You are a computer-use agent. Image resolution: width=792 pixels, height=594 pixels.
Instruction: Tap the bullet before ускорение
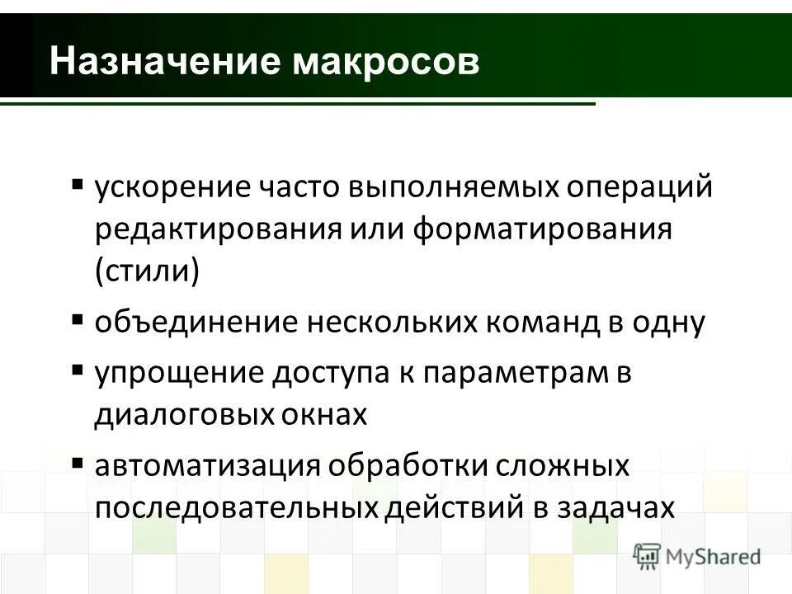tap(77, 182)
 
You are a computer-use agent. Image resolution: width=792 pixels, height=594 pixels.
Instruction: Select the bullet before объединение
tap(77, 318)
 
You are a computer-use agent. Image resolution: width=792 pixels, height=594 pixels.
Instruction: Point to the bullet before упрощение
tap(77, 369)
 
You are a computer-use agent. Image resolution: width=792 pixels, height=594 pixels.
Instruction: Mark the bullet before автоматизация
tap(77, 461)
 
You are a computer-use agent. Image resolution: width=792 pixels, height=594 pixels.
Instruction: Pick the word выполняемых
tap(453, 187)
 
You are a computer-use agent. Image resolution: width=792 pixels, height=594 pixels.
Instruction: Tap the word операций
tap(639, 187)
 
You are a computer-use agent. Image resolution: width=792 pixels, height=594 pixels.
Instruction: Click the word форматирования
tap(543, 229)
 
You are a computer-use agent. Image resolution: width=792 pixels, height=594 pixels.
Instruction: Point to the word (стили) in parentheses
tap(147, 271)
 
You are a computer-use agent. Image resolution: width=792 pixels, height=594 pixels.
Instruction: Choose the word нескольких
tap(403, 323)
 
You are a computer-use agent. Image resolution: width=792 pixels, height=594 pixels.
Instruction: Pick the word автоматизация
tap(206, 466)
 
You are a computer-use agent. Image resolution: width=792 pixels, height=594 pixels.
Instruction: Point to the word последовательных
tap(238, 507)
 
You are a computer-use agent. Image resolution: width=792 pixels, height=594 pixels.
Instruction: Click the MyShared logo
tap(697, 555)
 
